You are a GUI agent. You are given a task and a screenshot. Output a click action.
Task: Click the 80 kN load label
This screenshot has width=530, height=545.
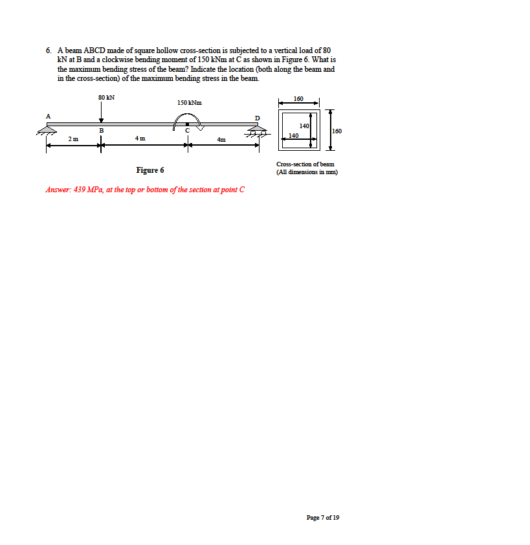(107, 97)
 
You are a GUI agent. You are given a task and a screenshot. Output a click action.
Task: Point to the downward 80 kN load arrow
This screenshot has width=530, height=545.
(101, 114)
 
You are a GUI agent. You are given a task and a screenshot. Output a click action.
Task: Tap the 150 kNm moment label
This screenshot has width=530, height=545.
(189, 102)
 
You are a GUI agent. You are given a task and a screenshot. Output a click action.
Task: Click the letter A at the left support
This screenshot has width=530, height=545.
(47, 116)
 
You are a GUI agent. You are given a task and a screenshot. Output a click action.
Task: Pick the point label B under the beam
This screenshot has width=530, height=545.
(101, 131)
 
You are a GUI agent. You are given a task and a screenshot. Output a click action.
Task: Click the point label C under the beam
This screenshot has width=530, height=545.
(187, 131)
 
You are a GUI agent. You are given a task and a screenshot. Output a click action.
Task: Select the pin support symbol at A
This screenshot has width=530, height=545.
(47, 129)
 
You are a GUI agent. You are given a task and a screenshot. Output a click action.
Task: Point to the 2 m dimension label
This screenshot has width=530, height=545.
(74, 139)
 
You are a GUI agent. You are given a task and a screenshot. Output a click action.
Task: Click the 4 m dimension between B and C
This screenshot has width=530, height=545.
(140, 139)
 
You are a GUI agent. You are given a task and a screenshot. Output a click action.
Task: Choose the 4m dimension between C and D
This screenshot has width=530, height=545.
(221, 139)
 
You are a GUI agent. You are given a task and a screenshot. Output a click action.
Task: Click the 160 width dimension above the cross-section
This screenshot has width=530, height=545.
(298, 98)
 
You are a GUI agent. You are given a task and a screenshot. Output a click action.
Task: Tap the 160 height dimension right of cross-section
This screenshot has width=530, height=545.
(337, 131)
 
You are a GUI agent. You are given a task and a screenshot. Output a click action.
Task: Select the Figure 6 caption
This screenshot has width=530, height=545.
(150, 170)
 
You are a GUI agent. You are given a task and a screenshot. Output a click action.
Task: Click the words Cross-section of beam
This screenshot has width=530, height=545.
(305, 164)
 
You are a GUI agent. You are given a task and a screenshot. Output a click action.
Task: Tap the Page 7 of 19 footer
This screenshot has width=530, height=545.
(322, 517)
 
